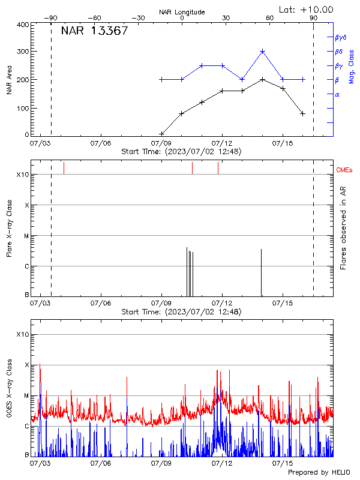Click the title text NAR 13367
[x=94, y=31]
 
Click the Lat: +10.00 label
[x=307, y=9]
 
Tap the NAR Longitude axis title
[x=182, y=12]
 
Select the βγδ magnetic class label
[x=341, y=37]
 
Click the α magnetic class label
[x=337, y=94]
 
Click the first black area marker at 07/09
[x=161, y=134]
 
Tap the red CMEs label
[x=345, y=170]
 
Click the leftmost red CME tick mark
[x=64, y=168]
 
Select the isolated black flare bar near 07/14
[x=261, y=272]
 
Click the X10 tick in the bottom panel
[x=23, y=334]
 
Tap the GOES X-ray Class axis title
[x=9, y=390]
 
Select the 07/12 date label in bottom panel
[x=223, y=463]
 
